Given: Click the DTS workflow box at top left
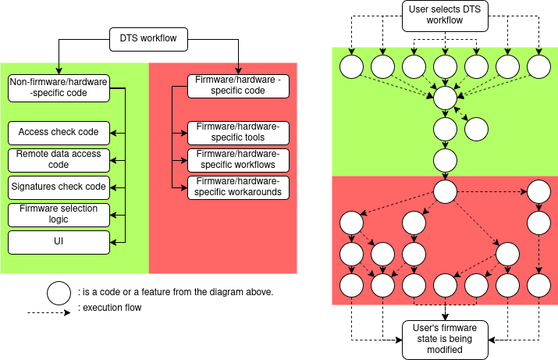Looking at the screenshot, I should (148, 37).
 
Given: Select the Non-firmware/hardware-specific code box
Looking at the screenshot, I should (59, 87).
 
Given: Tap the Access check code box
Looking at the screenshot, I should (59, 133).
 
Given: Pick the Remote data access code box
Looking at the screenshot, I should (59, 160).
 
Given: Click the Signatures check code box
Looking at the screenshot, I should (59, 187).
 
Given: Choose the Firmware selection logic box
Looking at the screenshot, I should (59, 215).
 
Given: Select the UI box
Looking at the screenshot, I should (59, 242).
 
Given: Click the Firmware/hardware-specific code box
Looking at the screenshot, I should (238, 85).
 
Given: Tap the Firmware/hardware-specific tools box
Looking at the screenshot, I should (238, 133).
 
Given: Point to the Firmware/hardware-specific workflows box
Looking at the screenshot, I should (238, 160).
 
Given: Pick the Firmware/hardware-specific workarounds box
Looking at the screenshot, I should (238, 187).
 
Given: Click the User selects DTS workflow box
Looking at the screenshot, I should (445, 16).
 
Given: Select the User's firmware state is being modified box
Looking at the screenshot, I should (445, 339).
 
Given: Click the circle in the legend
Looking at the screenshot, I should (59, 293).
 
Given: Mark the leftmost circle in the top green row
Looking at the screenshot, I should (351, 66).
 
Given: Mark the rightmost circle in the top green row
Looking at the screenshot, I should (538, 66).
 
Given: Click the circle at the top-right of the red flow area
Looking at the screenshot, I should (538, 191).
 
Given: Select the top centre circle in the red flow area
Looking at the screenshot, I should (445, 191).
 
